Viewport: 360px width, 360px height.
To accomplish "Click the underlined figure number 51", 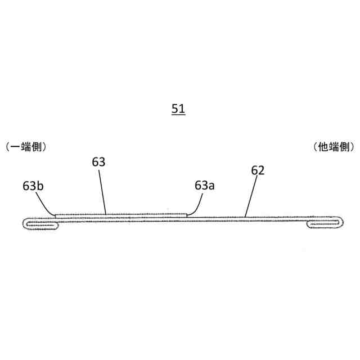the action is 178,109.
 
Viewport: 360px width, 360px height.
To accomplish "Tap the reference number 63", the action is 99,162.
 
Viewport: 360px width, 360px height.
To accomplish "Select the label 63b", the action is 34,185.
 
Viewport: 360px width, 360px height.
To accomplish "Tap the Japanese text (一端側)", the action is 25,147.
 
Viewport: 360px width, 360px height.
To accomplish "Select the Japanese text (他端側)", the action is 334,147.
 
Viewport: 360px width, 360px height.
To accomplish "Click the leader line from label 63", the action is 102,191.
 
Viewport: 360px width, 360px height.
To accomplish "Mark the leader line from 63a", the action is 197,204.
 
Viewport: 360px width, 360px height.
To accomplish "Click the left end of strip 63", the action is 55,214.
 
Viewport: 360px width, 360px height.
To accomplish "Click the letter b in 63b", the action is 41,185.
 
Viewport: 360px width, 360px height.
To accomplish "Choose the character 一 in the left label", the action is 15,147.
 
